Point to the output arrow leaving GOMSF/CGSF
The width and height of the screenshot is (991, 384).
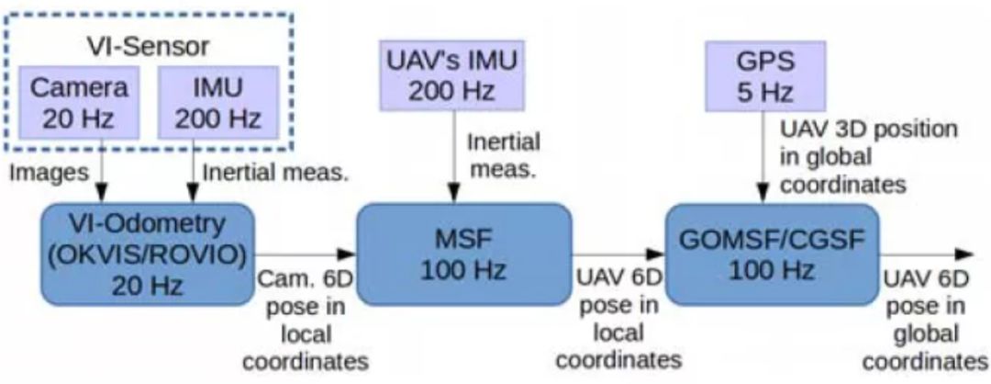tap(927, 254)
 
